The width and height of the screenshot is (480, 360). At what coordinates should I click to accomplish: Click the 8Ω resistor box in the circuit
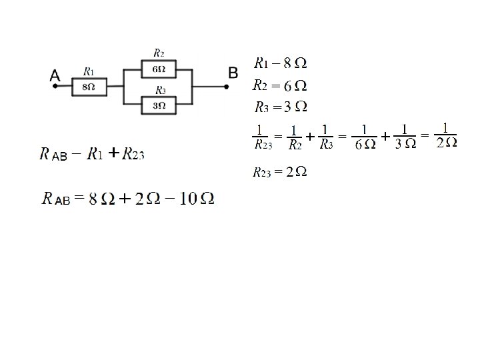click(89, 86)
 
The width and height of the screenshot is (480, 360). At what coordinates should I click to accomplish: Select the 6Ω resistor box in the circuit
click(159, 69)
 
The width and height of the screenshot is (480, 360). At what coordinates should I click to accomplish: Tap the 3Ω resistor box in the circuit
click(159, 105)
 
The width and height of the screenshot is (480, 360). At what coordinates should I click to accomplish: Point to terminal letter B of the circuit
click(233, 71)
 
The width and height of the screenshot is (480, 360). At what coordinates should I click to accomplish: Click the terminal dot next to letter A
click(56, 86)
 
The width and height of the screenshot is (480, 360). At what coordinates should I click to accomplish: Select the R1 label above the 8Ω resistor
click(89, 71)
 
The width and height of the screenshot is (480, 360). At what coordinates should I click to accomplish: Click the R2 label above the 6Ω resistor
click(159, 52)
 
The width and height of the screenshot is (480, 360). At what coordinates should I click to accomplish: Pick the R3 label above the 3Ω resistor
click(160, 90)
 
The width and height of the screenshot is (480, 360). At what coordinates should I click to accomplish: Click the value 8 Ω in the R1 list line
click(295, 64)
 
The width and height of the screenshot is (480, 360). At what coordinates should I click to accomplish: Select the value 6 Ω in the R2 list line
click(295, 86)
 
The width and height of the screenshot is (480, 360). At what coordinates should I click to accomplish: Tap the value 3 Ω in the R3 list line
click(295, 107)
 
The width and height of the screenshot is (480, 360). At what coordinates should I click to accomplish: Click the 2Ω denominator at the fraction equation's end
click(445, 143)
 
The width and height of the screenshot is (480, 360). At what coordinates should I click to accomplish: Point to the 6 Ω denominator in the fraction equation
click(364, 145)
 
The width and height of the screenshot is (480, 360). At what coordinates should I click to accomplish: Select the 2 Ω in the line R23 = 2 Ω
click(296, 173)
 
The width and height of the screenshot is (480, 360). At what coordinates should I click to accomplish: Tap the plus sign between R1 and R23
click(113, 154)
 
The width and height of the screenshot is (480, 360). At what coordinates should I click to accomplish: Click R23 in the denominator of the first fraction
click(261, 145)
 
